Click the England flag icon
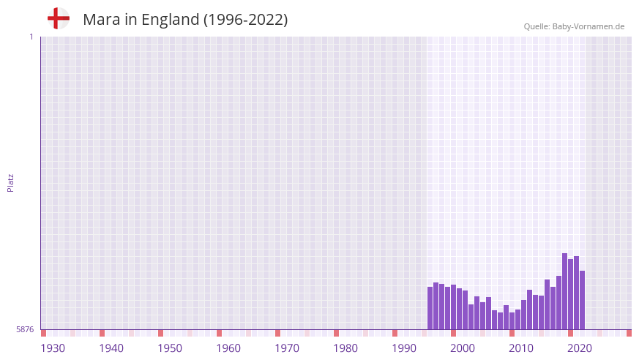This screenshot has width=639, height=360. tap(59, 18)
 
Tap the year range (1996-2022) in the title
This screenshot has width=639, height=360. tap(246, 20)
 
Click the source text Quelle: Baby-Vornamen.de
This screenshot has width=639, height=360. tap(574, 26)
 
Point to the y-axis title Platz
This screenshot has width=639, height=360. tap(10, 182)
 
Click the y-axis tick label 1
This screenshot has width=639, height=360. tap(31, 37)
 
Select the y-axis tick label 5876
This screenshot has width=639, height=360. tap(25, 330)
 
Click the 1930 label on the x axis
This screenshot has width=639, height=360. tap(53, 348)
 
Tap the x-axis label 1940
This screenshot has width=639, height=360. tap(111, 348)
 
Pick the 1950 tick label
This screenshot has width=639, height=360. tap(170, 348)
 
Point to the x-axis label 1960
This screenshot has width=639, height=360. tap(228, 348)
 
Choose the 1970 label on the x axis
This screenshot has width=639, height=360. tap(287, 348)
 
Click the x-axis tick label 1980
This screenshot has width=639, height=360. tap(345, 348)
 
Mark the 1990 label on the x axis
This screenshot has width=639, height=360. tap(404, 348)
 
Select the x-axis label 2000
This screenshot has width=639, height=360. tap(463, 348)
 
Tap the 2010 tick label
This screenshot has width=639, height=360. tap(521, 348)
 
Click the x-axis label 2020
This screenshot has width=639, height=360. tap(580, 348)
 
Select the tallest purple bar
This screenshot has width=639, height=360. tap(565, 291)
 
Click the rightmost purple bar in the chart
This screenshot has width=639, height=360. tap(583, 300)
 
